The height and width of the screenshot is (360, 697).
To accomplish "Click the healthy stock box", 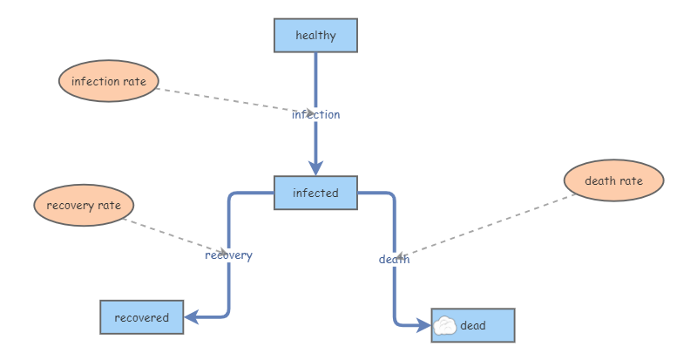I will [315, 36].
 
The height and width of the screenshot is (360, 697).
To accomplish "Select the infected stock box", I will [315, 193].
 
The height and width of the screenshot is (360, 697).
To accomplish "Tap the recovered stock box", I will [141, 317].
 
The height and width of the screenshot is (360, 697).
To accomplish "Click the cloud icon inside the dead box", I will [444, 325].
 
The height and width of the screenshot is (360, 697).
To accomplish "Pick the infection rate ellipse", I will [109, 82].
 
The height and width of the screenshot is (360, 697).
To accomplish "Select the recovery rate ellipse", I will [84, 206].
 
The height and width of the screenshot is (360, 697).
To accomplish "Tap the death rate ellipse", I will [613, 181].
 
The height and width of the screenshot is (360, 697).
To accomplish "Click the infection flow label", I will [315, 114].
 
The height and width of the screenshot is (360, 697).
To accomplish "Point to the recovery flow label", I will [228, 255].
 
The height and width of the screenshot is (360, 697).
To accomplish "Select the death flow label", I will [394, 259].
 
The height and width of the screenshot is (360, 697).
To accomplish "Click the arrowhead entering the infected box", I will [315, 168].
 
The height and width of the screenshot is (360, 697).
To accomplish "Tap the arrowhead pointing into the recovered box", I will [193, 317].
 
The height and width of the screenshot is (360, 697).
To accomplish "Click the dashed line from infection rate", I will [227, 99].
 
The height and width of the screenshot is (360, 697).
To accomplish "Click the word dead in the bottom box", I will [473, 325].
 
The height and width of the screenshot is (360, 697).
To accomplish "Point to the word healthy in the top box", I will [315, 36].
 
